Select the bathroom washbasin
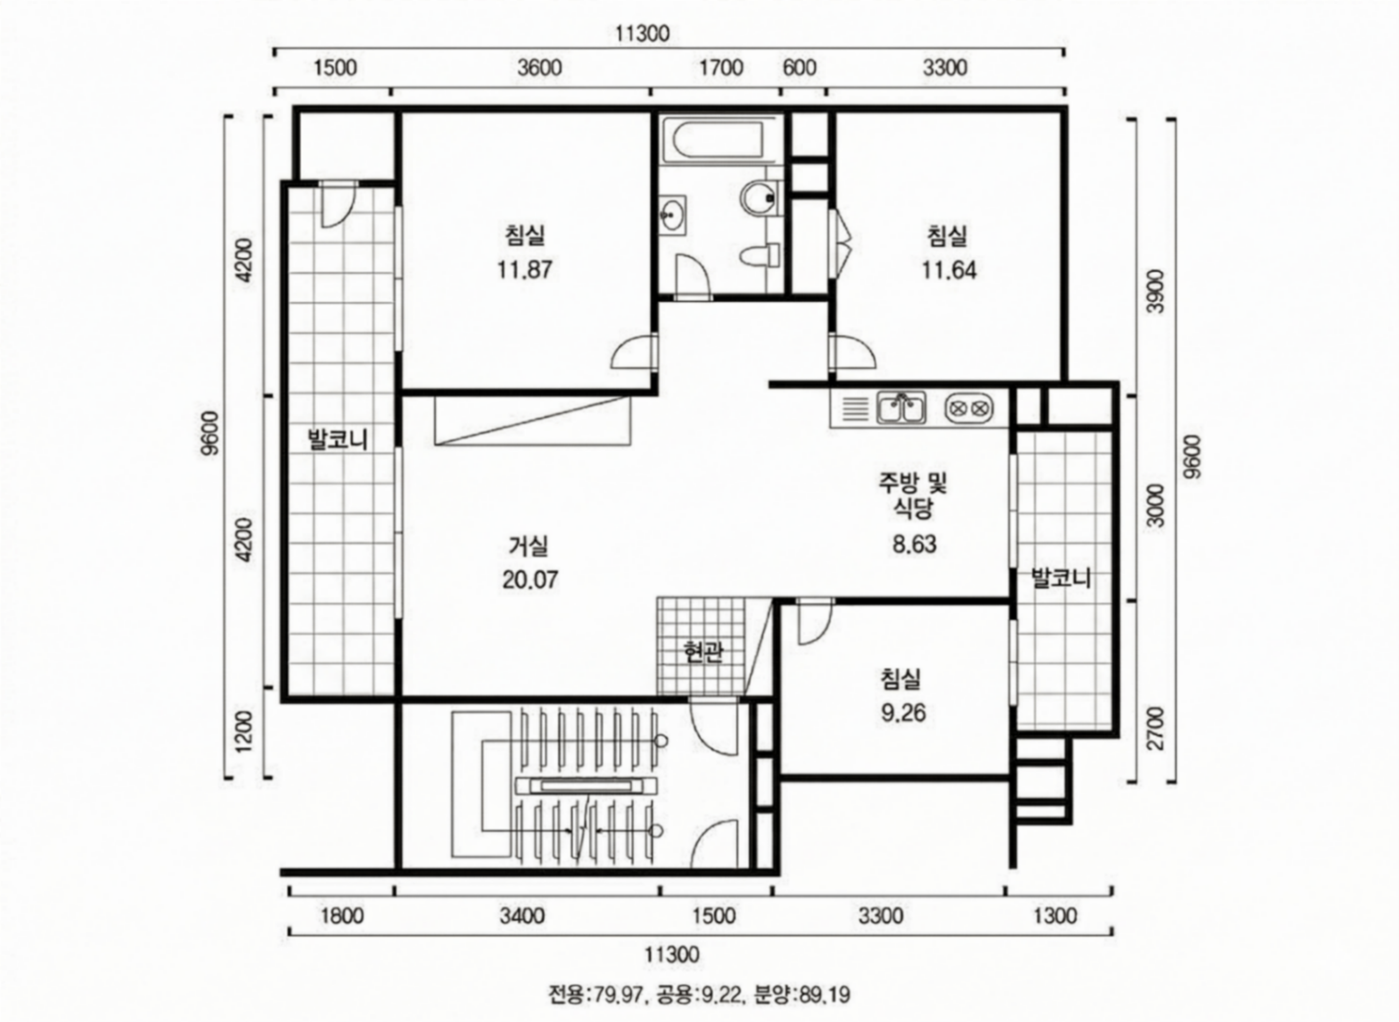(x=672, y=215)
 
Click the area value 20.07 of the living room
(x=530, y=580)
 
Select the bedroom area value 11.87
(x=525, y=270)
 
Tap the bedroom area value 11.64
(x=949, y=270)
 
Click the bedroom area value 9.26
(x=904, y=713)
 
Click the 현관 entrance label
(x=703, y=652)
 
